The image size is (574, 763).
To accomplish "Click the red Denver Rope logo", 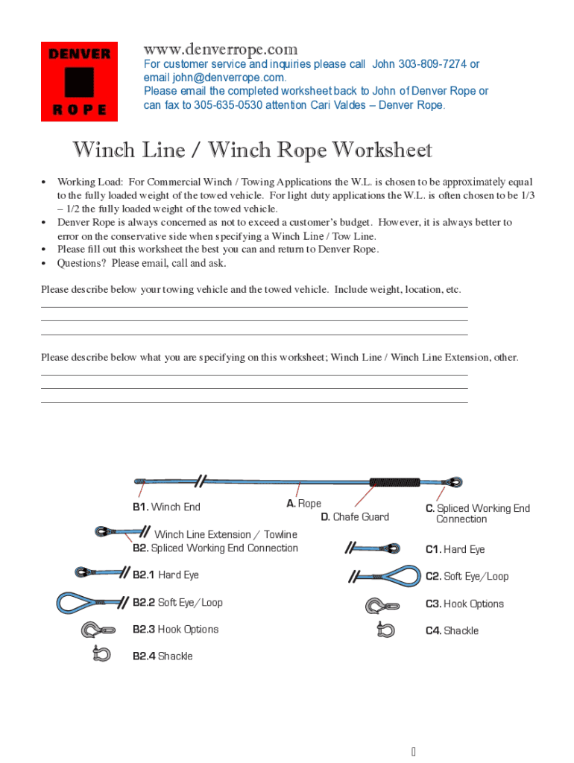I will pyautogui.click(x=78, y=81).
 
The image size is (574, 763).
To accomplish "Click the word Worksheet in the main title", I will pyautogui.click(x=382, y=151).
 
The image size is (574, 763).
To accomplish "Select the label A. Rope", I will pyautogui.click(x=304, y=504).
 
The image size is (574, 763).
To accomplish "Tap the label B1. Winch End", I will pyautogui.click(x=166, y=507).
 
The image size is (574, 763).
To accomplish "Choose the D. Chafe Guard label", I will pyautogui.click(x=355, y=517).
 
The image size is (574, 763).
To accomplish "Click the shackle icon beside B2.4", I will pyautogui.click(x=100, y=654).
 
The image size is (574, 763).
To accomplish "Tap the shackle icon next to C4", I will pyautogui.click(x=385, y=630).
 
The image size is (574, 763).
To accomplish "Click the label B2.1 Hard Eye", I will pyautogui.click(x=165, y=575).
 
